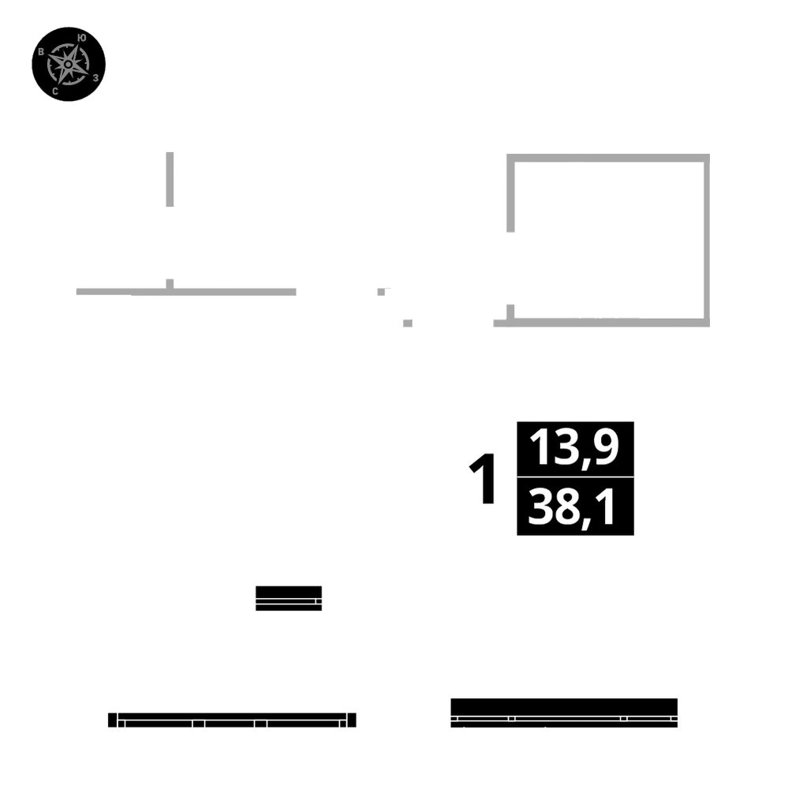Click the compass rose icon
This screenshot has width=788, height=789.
[69, 64]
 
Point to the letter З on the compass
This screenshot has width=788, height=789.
[95, 77]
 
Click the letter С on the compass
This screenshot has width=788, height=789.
[54, 92]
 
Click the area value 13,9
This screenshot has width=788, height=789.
[574, 448]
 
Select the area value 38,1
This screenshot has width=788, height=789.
[574, 507]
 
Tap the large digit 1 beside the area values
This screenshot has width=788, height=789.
[484, 479]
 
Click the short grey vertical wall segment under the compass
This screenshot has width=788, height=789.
[170, 179]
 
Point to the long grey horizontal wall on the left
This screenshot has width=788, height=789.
[186, 291]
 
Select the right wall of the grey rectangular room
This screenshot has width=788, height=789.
[706, 241]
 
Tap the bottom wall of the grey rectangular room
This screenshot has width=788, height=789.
[603, 322]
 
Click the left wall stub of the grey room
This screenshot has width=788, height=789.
[510, 193]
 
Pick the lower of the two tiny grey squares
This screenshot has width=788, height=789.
[408, 323]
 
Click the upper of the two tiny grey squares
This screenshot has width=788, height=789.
[383, 291]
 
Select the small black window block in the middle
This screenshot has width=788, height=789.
[289, 598]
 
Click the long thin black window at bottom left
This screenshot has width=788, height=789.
[232, 720]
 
